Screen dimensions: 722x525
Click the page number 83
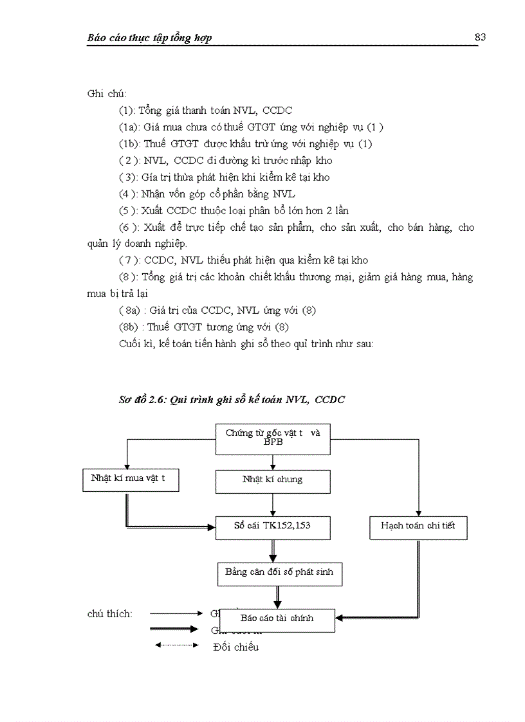(480, 37)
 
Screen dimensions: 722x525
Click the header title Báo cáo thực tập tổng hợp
(149, 38)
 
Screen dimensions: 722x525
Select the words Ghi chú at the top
(102, 94)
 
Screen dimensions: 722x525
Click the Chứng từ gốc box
(273, 438)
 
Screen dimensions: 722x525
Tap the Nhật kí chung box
(273, 480)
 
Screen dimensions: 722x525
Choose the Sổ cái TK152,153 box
(273, 526)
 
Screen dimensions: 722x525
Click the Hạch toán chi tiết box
(418, 526)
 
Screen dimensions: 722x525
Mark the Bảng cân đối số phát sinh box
(279, 572)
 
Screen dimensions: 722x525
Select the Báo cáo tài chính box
(277, 619)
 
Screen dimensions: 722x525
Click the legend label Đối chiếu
(235, 647)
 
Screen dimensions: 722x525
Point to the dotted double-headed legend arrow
(176, 645)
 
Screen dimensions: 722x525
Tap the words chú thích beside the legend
(109, 614)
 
